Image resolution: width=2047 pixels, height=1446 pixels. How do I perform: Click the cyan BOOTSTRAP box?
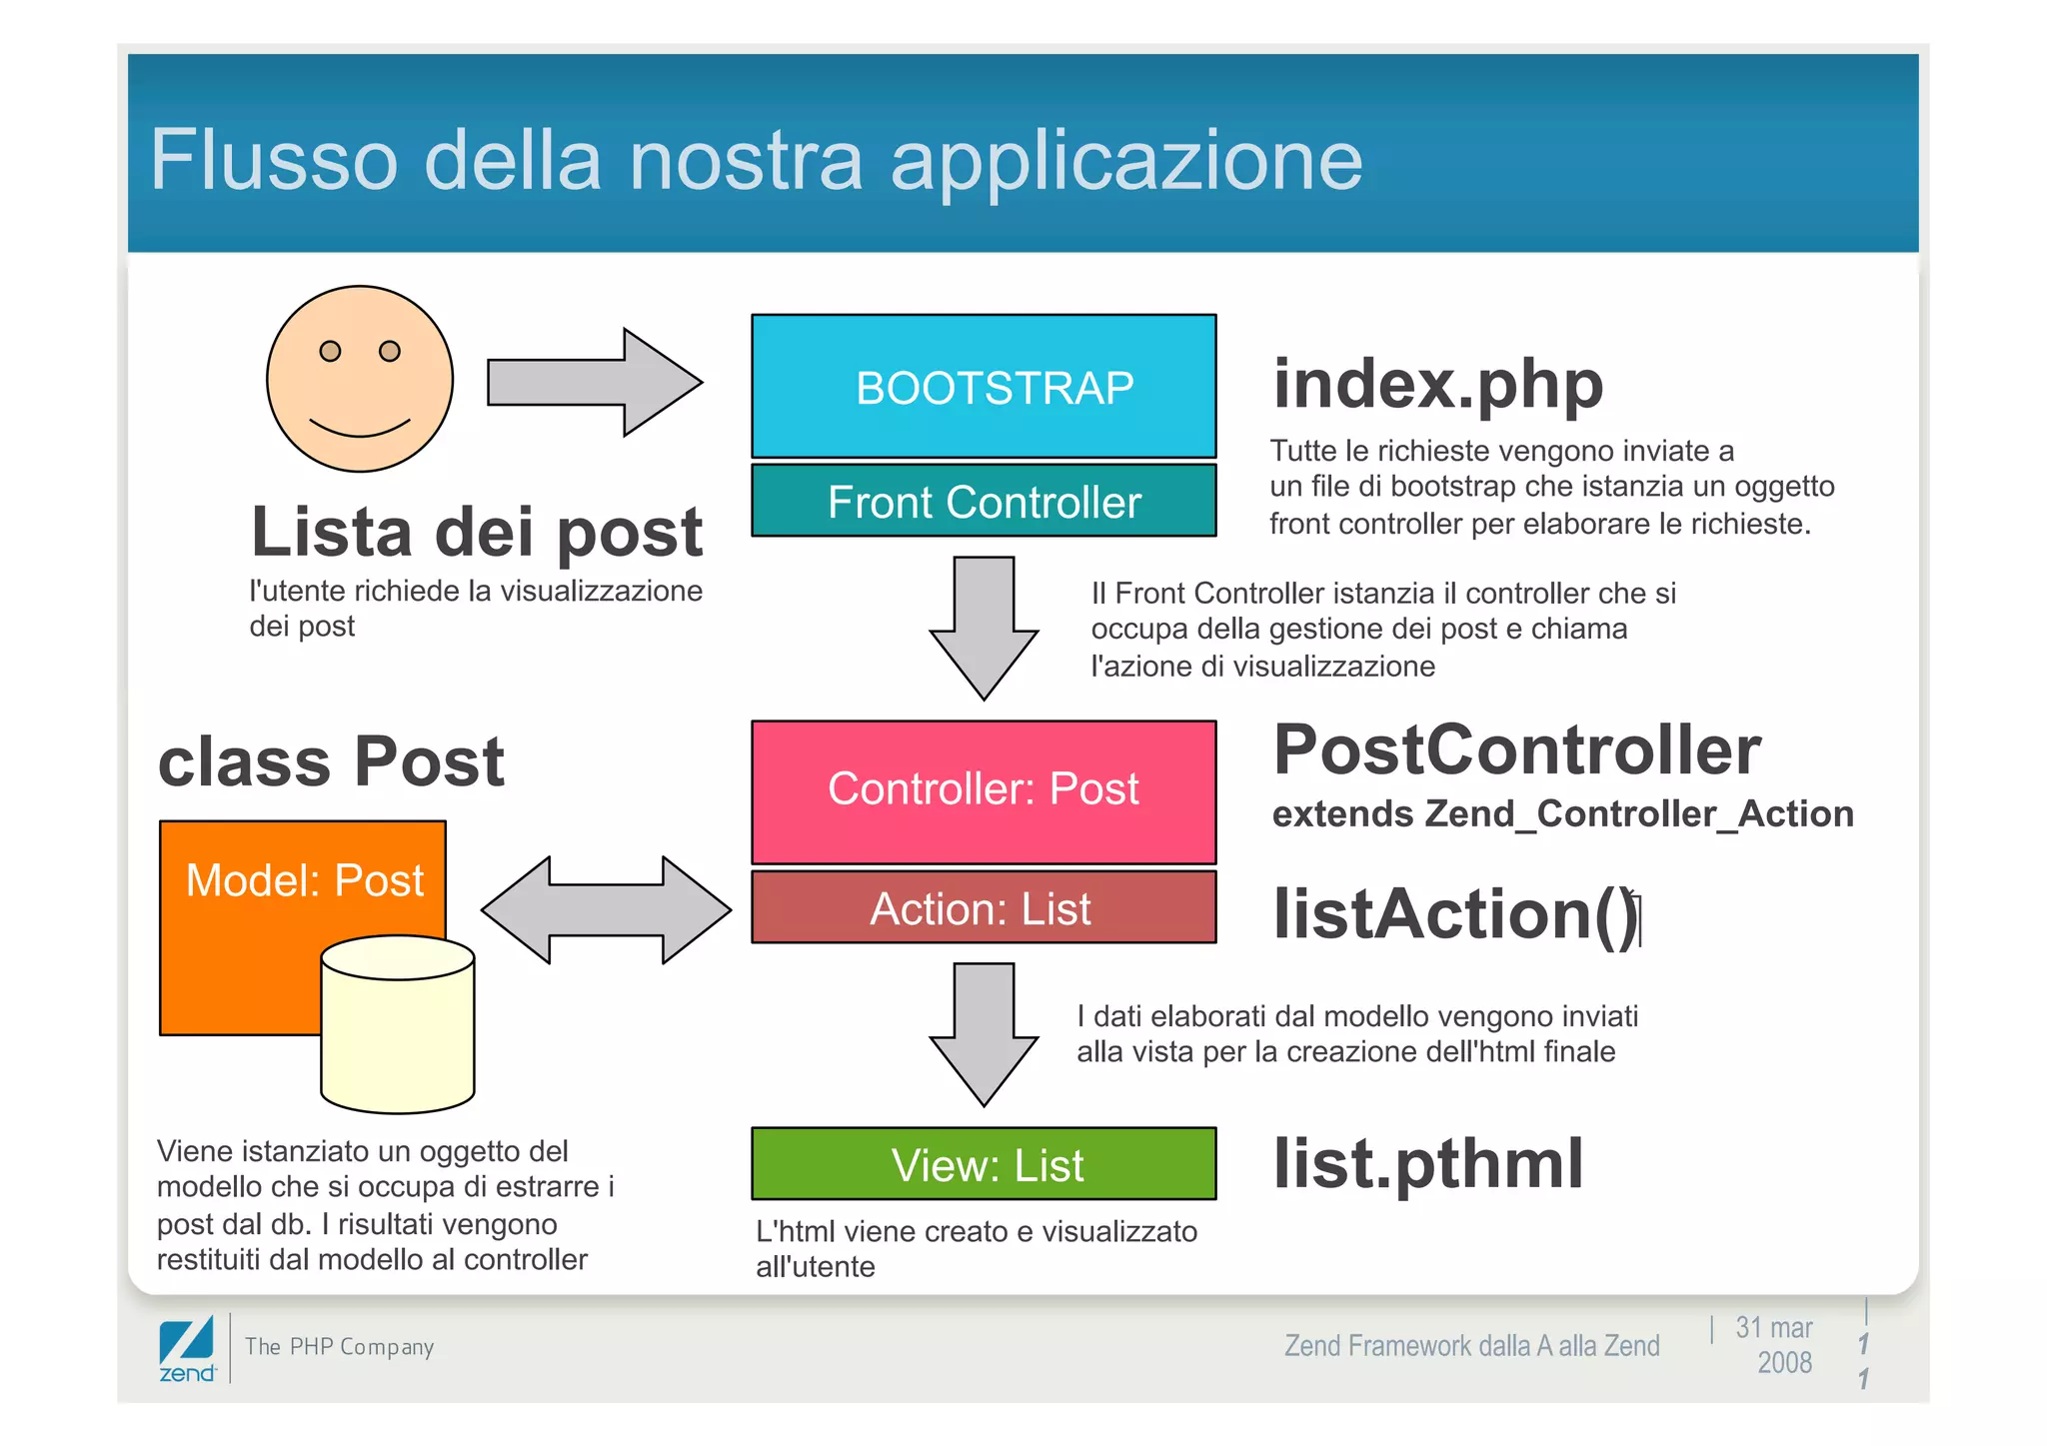click(984, 387)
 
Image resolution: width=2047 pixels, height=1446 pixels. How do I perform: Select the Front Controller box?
click(984, 501)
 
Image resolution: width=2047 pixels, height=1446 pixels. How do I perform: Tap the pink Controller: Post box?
click(984, 790)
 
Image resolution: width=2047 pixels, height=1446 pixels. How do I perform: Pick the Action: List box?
click(984, 907)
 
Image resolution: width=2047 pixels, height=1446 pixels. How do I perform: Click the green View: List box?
click(984, 1164)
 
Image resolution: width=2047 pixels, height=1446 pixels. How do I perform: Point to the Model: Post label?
click(304, 880)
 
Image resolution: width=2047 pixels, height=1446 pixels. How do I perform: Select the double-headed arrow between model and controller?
click(606, 909)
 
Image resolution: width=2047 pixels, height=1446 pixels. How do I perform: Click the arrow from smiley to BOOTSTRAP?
click(594, 382)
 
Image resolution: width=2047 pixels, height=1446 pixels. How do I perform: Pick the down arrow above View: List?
click(984, 1035)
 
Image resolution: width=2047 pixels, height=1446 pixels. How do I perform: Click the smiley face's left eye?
click(330, 351)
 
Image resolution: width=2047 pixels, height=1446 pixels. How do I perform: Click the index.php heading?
click(1437, 385)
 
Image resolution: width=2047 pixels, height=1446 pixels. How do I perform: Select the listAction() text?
click(1454, 914)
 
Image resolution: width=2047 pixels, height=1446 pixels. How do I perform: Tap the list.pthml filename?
click(1427, 1164)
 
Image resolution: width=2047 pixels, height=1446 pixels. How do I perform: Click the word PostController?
click(1516, 750)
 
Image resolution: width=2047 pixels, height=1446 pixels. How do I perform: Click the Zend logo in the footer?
click(187, 1348)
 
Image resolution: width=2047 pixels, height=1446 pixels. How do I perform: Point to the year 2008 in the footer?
click(1784, 1362)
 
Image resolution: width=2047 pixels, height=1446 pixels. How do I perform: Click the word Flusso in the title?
click(274, 160)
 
